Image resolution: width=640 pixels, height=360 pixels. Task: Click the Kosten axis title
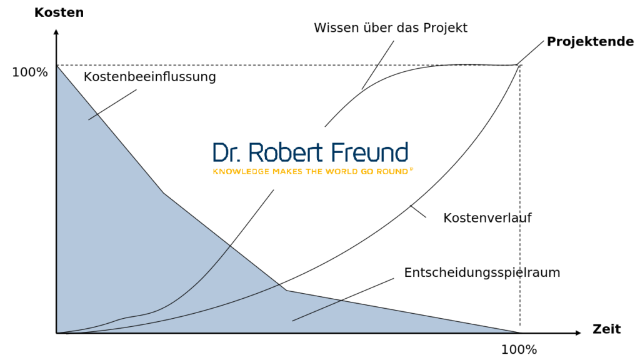(x=59, y=12)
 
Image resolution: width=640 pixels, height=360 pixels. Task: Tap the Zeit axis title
(x=606, y=329)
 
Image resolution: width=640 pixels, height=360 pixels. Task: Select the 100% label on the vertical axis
(x=30, y=72)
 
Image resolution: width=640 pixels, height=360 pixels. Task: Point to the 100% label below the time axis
(x=519, y=349)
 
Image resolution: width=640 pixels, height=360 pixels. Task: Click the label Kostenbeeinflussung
(x=149, y=77)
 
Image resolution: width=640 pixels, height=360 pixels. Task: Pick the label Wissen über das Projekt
(x=390, y=28)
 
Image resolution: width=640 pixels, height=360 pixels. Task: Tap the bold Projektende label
(x=590, y=42)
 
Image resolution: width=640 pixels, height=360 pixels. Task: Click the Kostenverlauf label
(x=487, y=218)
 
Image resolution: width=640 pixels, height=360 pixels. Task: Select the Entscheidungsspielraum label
(x=482, y=273)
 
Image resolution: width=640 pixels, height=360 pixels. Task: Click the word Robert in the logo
(x=286, y=152)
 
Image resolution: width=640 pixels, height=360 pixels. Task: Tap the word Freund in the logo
(x=368, y=152)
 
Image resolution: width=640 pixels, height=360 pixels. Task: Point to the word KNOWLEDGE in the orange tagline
(x=236, y=171)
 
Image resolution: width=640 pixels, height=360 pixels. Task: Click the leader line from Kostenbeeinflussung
(x=112, y=104)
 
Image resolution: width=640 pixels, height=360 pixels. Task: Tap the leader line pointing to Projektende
(x=531, y=52)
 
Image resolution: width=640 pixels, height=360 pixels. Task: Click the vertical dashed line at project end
(x=520, y=200)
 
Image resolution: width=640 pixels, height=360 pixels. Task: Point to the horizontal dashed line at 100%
(x=250, y=65)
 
